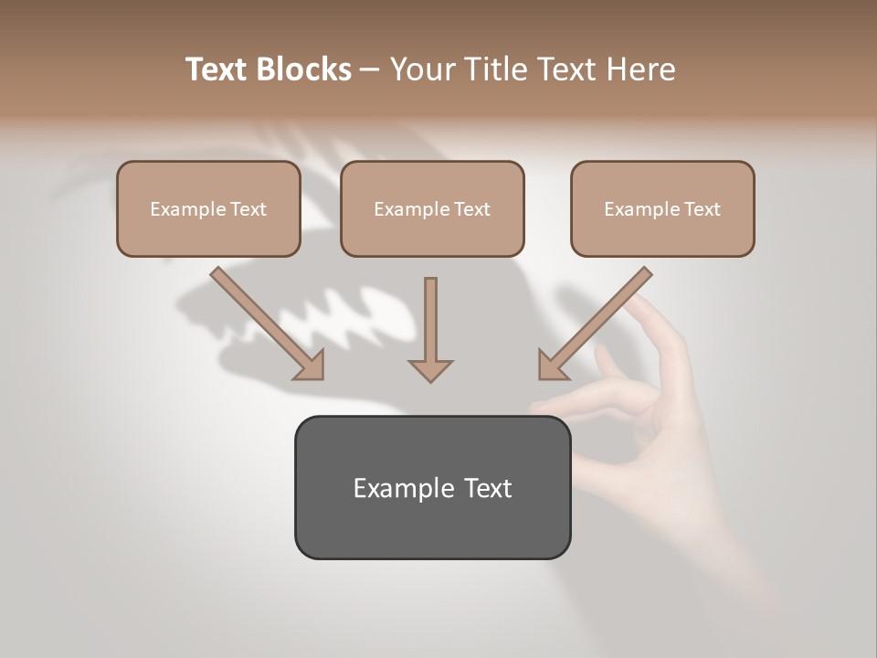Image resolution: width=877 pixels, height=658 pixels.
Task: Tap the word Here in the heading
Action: click(x=639, y=69)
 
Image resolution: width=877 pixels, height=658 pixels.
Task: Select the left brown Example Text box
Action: click(x=208, y=208)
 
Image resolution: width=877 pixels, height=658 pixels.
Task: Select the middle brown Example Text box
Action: click(x=432, y=208)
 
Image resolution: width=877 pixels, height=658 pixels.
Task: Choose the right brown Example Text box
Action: click(x=662, y=208)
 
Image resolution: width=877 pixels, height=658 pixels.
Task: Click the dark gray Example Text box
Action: click(x=432, y=487)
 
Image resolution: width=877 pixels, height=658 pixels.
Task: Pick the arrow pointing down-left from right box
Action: click(x=595, y=323)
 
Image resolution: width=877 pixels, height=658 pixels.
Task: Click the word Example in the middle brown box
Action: click(x=412, y=209)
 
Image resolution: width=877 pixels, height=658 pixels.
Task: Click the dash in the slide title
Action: click(x=370, y=70)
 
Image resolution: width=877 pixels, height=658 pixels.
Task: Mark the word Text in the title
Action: click(x=219, y=69)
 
